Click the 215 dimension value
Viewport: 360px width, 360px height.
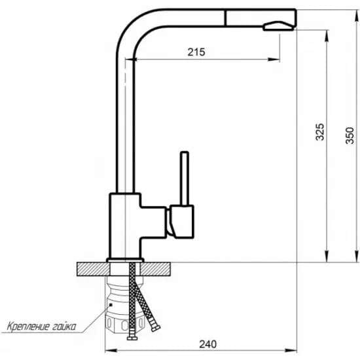pos(196,52)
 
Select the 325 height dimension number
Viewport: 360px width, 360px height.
pos(320,132)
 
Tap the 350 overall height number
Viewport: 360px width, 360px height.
pos(350,135)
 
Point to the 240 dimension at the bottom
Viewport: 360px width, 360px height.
pos(207,344)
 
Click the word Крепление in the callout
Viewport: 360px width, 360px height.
pos(28,326)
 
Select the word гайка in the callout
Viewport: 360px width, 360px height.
pos(64,326)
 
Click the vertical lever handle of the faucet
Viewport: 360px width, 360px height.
pos(185,179)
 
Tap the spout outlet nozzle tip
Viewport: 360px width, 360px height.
pos(279,26)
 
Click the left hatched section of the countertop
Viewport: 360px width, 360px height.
pos(93,269)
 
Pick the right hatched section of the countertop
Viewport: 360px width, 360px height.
pos(156,269)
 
